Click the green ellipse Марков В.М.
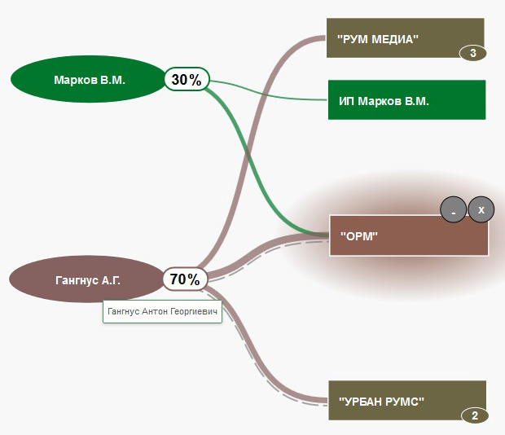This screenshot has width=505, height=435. point(88,80)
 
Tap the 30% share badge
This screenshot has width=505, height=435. point(187,79)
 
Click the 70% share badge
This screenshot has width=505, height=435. point(185,279)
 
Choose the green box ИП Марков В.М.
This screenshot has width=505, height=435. point(406,100)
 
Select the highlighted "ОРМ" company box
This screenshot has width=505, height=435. point(408,236)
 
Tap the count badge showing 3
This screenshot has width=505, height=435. point(473,54)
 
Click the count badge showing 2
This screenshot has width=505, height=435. point(474,416)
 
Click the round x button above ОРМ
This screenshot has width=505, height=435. point(481,210)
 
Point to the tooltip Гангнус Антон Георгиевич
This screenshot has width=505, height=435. point(163,312)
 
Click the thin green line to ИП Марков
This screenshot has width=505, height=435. point(269,94)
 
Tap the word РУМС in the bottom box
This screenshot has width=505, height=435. point(404,400)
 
